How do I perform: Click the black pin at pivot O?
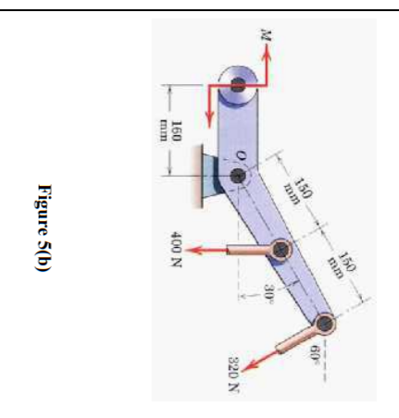pos(238,175)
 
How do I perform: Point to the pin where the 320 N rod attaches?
pos(325,323)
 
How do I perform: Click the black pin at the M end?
pos(238,84)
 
